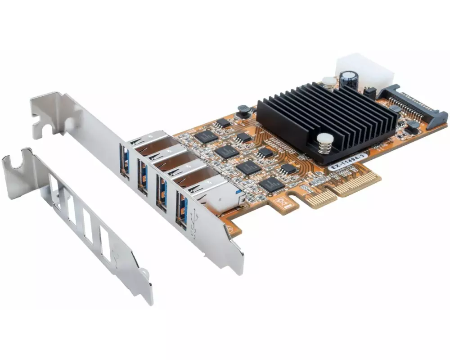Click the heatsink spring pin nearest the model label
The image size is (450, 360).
(x=325, y=142)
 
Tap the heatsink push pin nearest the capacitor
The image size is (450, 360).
(x=329, y=82)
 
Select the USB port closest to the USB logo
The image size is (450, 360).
(x=181, y=209)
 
